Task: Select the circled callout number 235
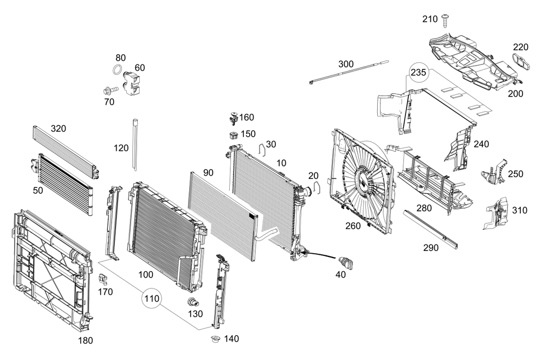[x=418, y=73]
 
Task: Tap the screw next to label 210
[x=446, y=20]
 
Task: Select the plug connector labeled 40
[x=346, y=262]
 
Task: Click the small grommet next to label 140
[x=215, y=340]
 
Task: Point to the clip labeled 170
[x=105, y=279]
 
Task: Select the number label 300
[x=346, y=64]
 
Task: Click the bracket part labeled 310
[x=495, y=212]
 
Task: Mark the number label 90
[x=208, y=172]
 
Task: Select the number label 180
[x=86, y=340]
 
